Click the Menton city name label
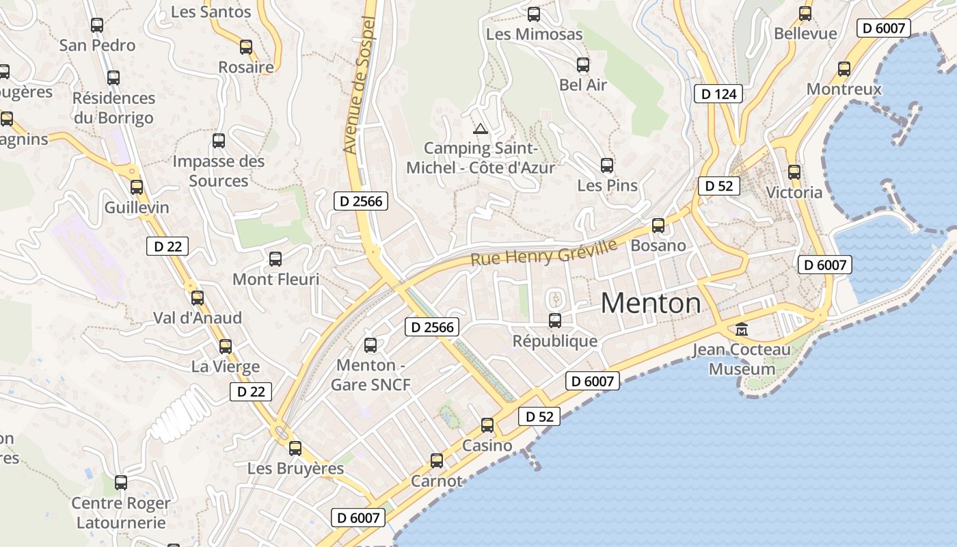[x=650, y=303]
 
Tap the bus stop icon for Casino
[x=487, y=425]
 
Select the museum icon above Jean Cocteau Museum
[x=742, y=330]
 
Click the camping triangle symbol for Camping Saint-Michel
[x=481, y=129]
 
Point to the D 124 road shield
[x=718, y=94]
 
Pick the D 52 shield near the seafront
[x=539, y=416]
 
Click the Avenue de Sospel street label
[x=360, y=85]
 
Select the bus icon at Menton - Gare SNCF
[x=370, y=345]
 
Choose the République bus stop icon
[x=555, y=320]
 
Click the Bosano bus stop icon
[x=658, y=225]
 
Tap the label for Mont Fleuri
[x=275, y=279]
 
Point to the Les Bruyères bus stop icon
[x=295, y=449]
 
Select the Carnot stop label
[x=436, y=481]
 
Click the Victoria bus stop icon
[x=794, y=172]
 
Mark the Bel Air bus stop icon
[x=583, y=65]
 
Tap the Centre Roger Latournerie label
[x=121, y=513]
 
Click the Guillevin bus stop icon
[x=137, y=187]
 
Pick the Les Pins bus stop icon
[x=607, y=165]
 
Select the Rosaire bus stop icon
[x=246, y=47]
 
